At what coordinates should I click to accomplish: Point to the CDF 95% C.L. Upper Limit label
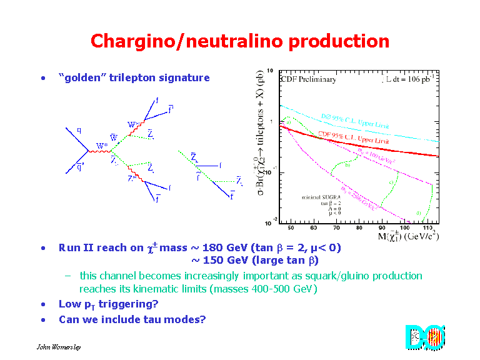pyautogui.click(x=353, y=137)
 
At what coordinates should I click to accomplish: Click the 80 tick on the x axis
pyautogui.click(x=362, y=228)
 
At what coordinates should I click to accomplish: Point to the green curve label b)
pyautogui.click(x=348, y=166)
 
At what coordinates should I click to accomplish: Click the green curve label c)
pyautogui.click(x=392, y=182)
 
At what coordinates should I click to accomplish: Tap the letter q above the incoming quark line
pyautogui.click(x=79, y=131)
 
